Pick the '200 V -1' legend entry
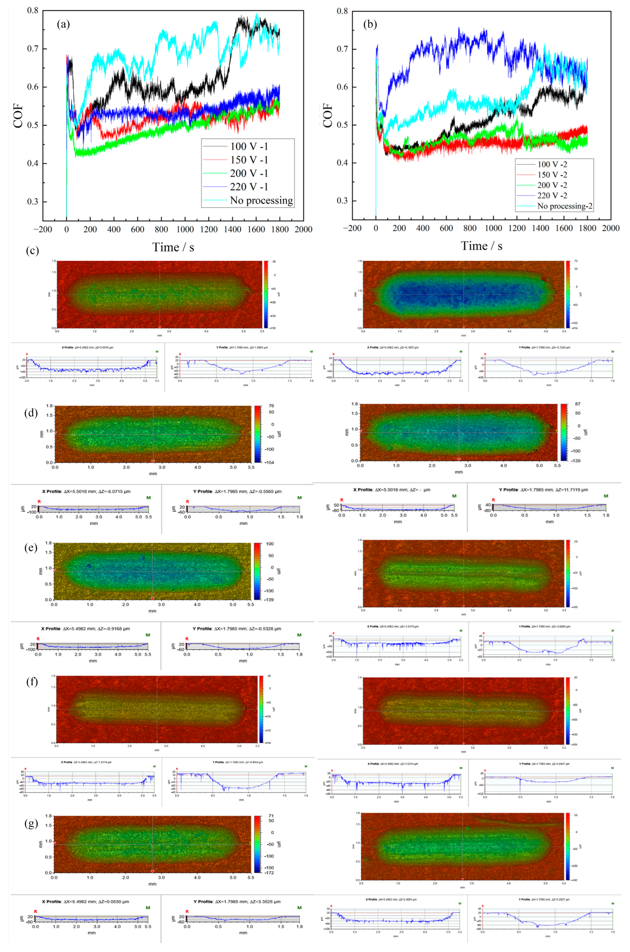point(249,174)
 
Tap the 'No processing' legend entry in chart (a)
point(261,200)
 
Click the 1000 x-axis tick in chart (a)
point(185,229)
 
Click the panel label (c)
point(32,251)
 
